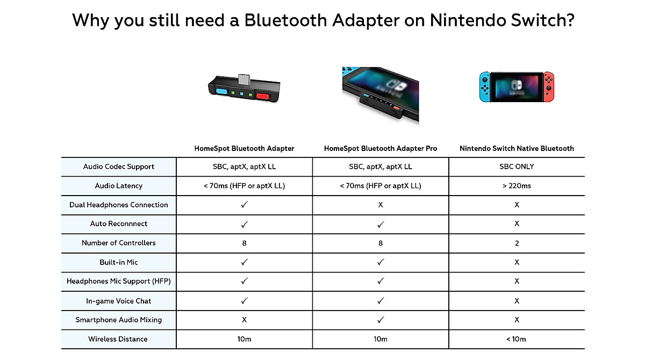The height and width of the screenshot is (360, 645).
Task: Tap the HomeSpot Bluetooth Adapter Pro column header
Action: (x=381, y=148)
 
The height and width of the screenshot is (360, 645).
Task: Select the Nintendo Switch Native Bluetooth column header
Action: (x=517, y=148)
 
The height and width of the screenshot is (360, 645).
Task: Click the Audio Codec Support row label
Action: (x=119, y=167)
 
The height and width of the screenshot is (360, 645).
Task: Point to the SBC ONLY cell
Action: (x=517, y=167)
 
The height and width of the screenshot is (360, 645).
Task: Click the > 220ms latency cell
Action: (x=517, y=186)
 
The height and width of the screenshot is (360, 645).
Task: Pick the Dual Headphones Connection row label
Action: (x=119, y=205)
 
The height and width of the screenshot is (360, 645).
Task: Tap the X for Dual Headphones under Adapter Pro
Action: (x=381, y=205)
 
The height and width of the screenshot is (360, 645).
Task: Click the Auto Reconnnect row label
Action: (x=119, y=224)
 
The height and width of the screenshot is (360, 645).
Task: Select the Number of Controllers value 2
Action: (x=517, y=243)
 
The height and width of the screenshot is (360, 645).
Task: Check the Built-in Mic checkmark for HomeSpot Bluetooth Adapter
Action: (x=244, y=262)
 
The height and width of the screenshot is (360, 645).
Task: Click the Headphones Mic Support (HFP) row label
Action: (x=119, y=281)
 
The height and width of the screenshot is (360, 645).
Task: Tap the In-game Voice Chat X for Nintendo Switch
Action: (x=517, y=301)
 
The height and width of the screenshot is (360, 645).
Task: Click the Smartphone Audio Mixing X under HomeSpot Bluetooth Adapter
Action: (x=244, y=320)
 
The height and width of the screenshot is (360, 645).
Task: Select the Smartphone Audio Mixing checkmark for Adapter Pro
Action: (x=381, y=320)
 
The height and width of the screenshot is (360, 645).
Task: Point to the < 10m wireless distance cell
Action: (x=517, y=339)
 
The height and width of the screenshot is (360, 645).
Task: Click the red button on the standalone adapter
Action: (x=263, y=97)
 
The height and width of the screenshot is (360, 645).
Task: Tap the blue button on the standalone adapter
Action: (x=221, y=92)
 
